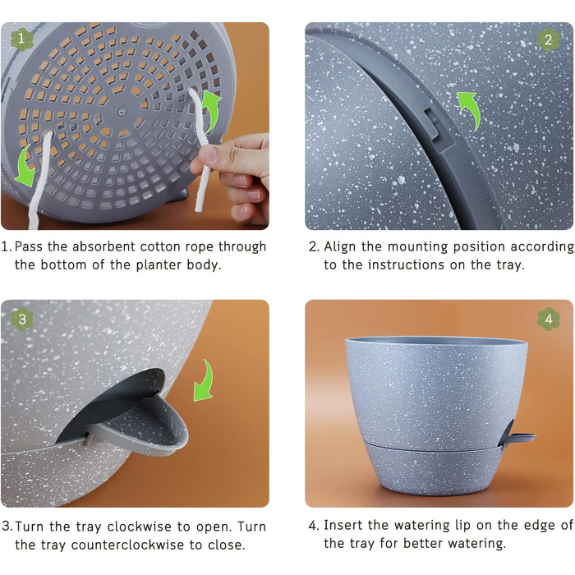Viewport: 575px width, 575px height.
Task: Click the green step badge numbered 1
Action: pyautogui.click(x=21, y=39)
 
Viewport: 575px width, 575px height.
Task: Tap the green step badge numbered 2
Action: pyautogui.click(x=548, y=39)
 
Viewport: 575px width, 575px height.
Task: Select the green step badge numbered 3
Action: pyautogui.click(x=22, y=319)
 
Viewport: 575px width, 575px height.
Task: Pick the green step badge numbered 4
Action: pyautogui.click(x=549, y=319)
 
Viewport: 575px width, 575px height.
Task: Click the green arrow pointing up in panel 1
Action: pyautogui.click(x=212, y=110)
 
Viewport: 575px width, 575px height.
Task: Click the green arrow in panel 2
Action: pyautogui.click(x=471, y=109)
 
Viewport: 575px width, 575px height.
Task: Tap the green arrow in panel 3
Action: pyautogui.click(x=205, y=380)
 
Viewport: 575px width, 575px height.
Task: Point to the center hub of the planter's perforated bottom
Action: pyautogui.click(x=122, y=111)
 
